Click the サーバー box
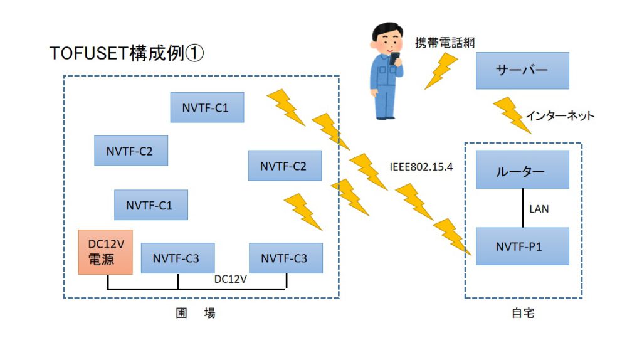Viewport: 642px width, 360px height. pos(522,70)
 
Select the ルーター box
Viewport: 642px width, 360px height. pos(522,169)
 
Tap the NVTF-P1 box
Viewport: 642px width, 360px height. pos(522,246)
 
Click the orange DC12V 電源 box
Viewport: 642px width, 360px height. pos(105,252)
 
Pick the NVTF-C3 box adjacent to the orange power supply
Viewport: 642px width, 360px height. pos(177,258)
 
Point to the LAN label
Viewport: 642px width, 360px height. pos(539,209)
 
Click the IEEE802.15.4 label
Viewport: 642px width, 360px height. pos(421,167)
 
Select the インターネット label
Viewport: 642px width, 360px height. pos(560,116)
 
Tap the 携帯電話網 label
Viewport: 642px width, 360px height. pos(445,43)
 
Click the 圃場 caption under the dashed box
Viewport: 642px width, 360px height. pos(196,313)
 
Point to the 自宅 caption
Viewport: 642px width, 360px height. pos(523,313)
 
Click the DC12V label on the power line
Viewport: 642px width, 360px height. pos(231,279)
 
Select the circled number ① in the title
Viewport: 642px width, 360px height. pos(194,53)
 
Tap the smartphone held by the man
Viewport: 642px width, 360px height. pos(394,58)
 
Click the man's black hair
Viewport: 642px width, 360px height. pos(387,30)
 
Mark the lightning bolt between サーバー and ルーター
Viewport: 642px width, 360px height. pos(512,115)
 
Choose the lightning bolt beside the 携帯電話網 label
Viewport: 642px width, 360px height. pos(441,71)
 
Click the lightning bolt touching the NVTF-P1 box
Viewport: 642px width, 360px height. pos(452,236)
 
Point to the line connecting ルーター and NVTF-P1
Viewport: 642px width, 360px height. pos(523,208)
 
